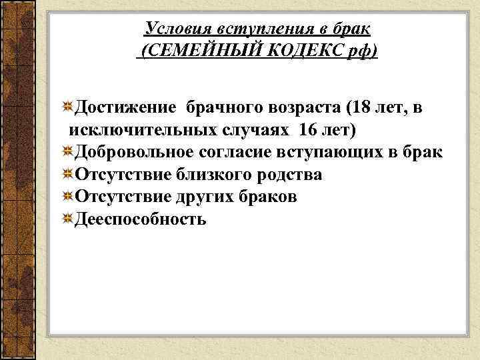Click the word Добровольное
(x=135, y=151)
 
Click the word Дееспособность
(x=141, y=219)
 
